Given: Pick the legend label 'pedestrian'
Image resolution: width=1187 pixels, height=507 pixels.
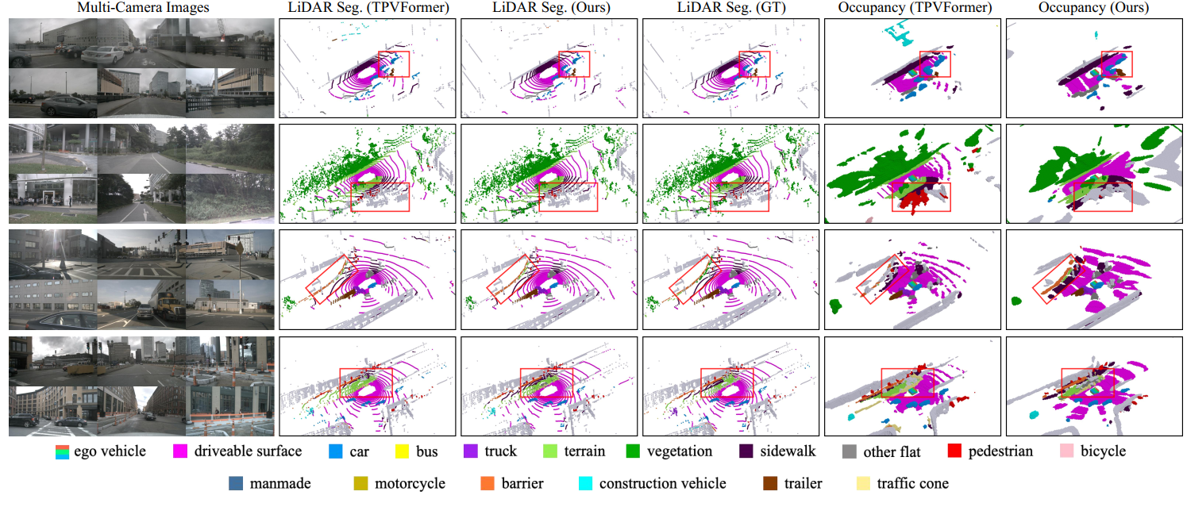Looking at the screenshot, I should (x=1000, y=451).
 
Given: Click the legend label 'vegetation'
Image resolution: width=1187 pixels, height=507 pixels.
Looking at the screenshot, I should (x=678, y=451).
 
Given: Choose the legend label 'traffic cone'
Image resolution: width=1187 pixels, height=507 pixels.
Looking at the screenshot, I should (x=912, y=483).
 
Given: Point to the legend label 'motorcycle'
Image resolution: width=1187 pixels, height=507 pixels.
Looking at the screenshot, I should (x=409, y=483).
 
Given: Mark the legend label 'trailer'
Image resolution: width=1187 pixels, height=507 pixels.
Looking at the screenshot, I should (x=803, y=483).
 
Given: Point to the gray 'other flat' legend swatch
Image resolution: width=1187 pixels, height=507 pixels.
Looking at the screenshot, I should (x=850, y=451).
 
